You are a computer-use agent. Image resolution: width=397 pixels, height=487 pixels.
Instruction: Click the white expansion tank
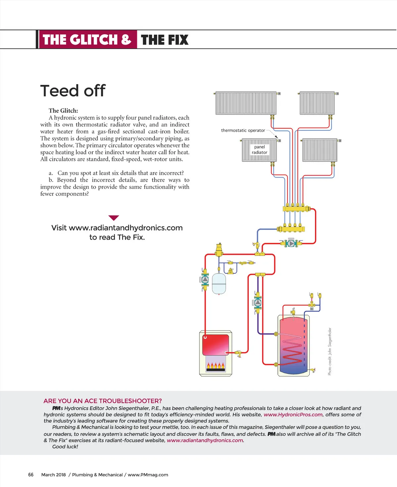[x=219, y=284]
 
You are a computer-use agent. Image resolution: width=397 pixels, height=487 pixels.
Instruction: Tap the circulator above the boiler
[x=205, y=280]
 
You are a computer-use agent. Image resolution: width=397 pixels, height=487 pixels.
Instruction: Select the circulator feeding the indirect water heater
[x=258, y=302]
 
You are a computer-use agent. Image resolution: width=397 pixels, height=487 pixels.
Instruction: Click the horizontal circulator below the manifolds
[x=291, y=243]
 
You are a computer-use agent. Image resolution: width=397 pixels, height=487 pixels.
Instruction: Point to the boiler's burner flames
[x=216, y=366]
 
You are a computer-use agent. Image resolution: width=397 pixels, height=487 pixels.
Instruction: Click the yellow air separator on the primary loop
[x=219, y=249]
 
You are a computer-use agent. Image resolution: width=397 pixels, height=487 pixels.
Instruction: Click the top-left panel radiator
[x=246, y=103]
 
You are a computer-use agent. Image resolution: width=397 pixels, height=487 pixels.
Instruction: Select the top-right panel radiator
[x=317, y=103]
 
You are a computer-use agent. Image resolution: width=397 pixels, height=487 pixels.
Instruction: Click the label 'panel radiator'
[x=259, y=150]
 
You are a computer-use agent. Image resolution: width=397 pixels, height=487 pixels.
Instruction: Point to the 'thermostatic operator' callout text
[x=243, y=130]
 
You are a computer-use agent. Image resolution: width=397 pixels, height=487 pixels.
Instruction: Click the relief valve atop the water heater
[x=293, y=311]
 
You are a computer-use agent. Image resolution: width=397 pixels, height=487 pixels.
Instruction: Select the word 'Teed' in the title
[x=60, y=91]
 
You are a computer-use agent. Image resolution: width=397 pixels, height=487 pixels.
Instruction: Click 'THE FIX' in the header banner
[x=164, y=40]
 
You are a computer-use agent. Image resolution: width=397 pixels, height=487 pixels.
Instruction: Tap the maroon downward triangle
[x=113, y=218]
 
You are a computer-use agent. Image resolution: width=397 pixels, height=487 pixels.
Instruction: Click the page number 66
[x=31, y=475]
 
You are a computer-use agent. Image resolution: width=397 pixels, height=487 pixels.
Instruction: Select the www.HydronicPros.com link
[x=293, y=415]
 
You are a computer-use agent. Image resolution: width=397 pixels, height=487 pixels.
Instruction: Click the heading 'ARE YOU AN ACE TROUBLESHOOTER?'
[x=103, y=401]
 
